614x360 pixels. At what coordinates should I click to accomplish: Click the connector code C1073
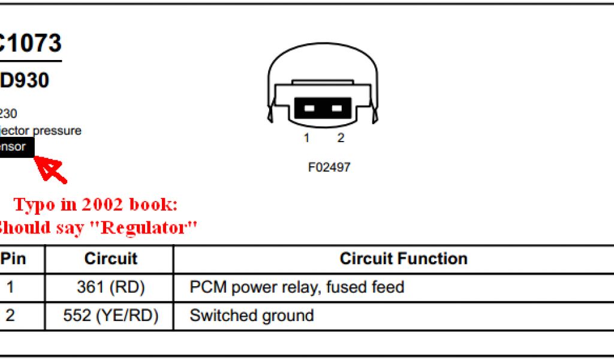30,43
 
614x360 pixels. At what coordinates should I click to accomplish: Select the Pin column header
13,259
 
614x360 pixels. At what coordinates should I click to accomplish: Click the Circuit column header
110,259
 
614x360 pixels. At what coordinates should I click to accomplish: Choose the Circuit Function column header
403,259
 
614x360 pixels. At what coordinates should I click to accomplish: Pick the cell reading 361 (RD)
110,287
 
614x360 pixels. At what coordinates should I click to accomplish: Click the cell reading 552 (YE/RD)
110,316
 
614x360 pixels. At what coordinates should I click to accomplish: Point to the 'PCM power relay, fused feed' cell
297,287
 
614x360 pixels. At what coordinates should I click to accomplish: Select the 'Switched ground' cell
251,316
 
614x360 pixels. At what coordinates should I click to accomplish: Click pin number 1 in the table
10,287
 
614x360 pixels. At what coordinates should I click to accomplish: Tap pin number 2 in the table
10,316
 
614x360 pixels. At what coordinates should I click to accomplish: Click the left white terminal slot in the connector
309,109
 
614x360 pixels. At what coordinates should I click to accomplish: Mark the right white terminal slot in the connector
337,109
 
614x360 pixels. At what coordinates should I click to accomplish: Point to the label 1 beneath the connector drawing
306,139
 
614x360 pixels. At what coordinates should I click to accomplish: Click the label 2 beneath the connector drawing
341,139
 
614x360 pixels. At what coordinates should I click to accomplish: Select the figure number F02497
329,167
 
